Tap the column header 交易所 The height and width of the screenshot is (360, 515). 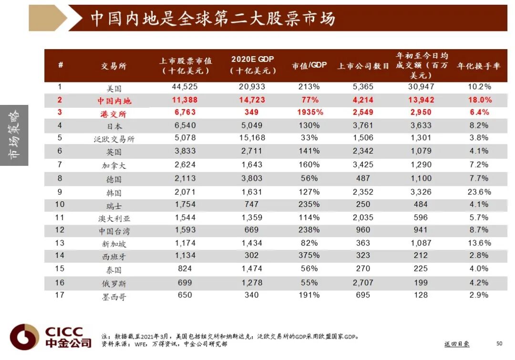coord(113,66)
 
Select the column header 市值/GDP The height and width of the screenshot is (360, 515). coord(309,65)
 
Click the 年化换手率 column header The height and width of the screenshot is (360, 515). coord(478,66)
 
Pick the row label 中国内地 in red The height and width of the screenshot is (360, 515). coord(114,101)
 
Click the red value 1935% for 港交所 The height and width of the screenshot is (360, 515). coord(309,113)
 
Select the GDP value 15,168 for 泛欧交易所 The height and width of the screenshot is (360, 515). coord(252,138)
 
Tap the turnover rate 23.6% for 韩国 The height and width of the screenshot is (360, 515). coord(478,192)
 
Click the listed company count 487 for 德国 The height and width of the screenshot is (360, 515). coord(363,178)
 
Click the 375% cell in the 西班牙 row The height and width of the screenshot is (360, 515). coord(309,255)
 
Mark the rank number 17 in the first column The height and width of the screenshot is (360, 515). coord(60,295)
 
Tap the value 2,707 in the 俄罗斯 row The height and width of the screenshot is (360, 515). coord(363,283)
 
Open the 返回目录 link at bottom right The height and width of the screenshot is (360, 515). coord(457,344)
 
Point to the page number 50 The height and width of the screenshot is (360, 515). coord(499,343)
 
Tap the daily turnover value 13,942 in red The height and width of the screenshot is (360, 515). coord(421,100)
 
